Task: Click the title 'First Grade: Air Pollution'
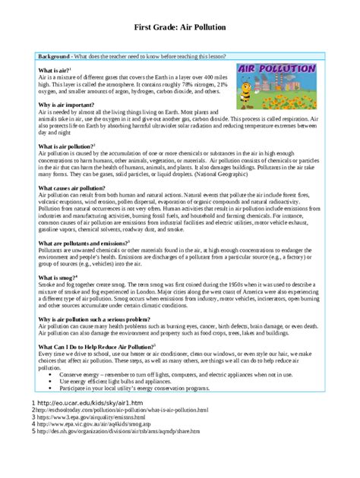tap(179, 28)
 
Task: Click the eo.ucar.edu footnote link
tap(90, 402)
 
